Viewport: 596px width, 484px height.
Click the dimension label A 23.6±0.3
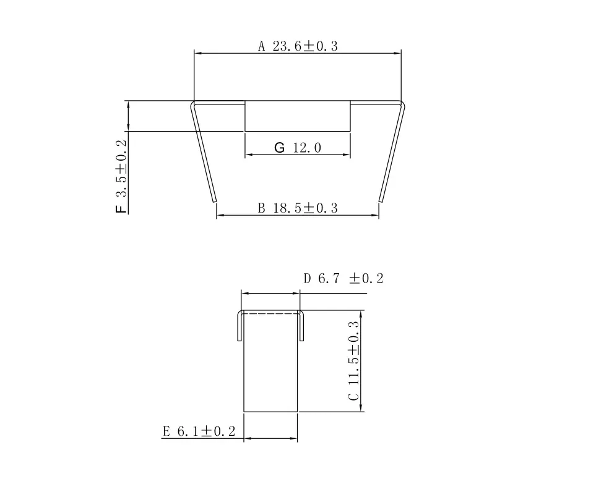pos(298,46)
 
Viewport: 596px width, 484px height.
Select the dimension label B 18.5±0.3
pos(298,208)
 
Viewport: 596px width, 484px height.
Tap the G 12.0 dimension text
pos(298,147)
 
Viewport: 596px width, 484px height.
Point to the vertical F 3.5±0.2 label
pos(121,176)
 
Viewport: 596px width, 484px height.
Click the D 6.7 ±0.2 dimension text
pos(343,278)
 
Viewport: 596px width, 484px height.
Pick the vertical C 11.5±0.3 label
pos(353,360)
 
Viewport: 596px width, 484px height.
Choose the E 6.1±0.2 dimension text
pos(199,431)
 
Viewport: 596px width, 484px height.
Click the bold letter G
pos(279,147)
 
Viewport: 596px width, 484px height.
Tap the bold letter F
pos(121,209)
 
